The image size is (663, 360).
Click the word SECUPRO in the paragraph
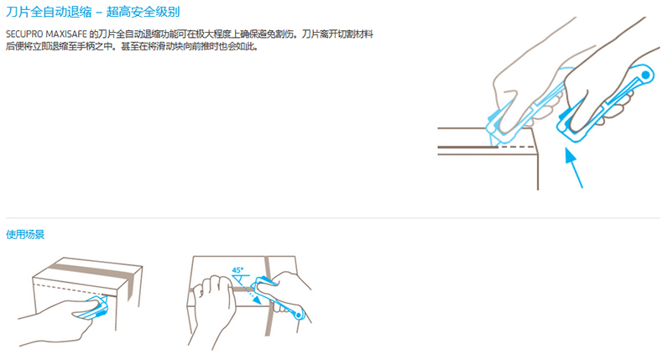pos(24,34)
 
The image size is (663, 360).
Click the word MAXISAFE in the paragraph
pos(66,34)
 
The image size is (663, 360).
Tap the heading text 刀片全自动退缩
pos(49,12)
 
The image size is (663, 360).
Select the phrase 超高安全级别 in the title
pos(143,12)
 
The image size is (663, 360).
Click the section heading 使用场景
pos(25,234)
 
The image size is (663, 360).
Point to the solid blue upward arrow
pos(574,168)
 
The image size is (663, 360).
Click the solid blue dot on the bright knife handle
pos(645,75)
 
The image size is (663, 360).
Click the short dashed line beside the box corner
pos(518,147)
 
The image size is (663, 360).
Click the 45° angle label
pos(238,270)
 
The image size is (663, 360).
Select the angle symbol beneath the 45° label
pos(240,279)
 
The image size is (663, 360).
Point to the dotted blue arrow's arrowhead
pos(256,299)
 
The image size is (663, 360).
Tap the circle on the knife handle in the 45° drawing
pos(299,316)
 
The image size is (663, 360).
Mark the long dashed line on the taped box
pos(70,290)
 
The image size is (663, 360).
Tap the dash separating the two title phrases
pos(99,13)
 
